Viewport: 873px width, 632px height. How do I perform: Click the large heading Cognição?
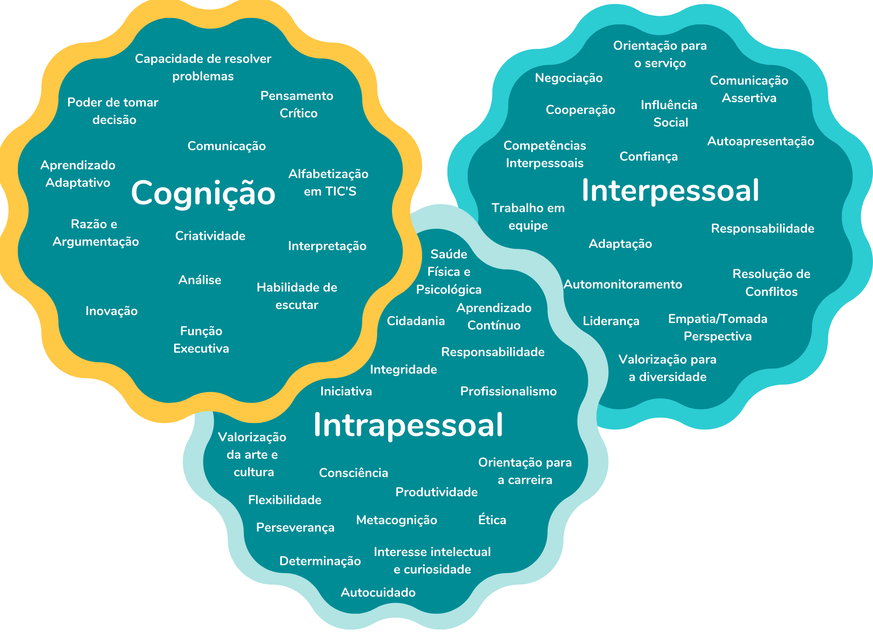(203, 193)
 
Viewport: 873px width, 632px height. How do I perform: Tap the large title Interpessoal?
(670, 191)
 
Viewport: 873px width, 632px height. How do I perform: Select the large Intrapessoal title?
(408, 425)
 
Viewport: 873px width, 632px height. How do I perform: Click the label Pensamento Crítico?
(297, 105)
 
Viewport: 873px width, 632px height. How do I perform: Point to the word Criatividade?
(210, 236)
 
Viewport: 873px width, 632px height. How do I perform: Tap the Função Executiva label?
(201, 340)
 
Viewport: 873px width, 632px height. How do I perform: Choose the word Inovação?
(111, 311)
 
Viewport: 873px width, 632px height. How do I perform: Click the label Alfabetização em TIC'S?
(329, 183)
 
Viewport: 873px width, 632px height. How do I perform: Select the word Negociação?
(569, 78)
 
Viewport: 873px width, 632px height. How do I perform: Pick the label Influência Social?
(669, 114)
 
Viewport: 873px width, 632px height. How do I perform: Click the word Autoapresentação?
(760, 141)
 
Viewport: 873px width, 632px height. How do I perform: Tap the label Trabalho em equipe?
(528, 217)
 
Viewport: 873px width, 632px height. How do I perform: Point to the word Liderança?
(611, 321)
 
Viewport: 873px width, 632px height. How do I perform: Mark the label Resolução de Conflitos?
(771, 283)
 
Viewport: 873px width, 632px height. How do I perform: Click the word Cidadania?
(416, 321)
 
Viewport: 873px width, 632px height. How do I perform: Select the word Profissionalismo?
(509, 392)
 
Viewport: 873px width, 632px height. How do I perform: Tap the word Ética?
(492, 520)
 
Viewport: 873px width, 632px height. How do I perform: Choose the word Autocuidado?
(378, 593)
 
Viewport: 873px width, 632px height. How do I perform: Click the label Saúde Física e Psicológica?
(449, 272)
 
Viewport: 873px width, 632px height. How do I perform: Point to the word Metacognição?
(396, 520)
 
